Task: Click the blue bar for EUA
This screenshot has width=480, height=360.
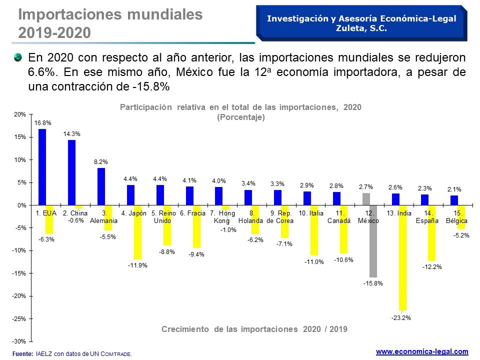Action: click(42, 167)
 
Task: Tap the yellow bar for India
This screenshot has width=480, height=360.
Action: click(402, 257)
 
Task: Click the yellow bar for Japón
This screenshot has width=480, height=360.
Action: click(137, 232)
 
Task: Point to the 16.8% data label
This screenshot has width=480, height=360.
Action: click(42, 122)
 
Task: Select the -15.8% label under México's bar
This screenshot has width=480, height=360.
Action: click(373, 283)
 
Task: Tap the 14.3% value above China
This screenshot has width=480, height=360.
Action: click(71, 134)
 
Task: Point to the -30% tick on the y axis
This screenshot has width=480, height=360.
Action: click(20, 341)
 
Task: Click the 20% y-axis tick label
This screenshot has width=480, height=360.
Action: click(20, 114)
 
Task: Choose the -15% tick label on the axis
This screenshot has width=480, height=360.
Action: click(20, 273)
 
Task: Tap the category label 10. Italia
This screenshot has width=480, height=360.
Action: click(311, 213)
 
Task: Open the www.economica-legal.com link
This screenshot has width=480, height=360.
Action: click(422, 351)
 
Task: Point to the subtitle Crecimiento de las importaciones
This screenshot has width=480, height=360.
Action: click(254, 329)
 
